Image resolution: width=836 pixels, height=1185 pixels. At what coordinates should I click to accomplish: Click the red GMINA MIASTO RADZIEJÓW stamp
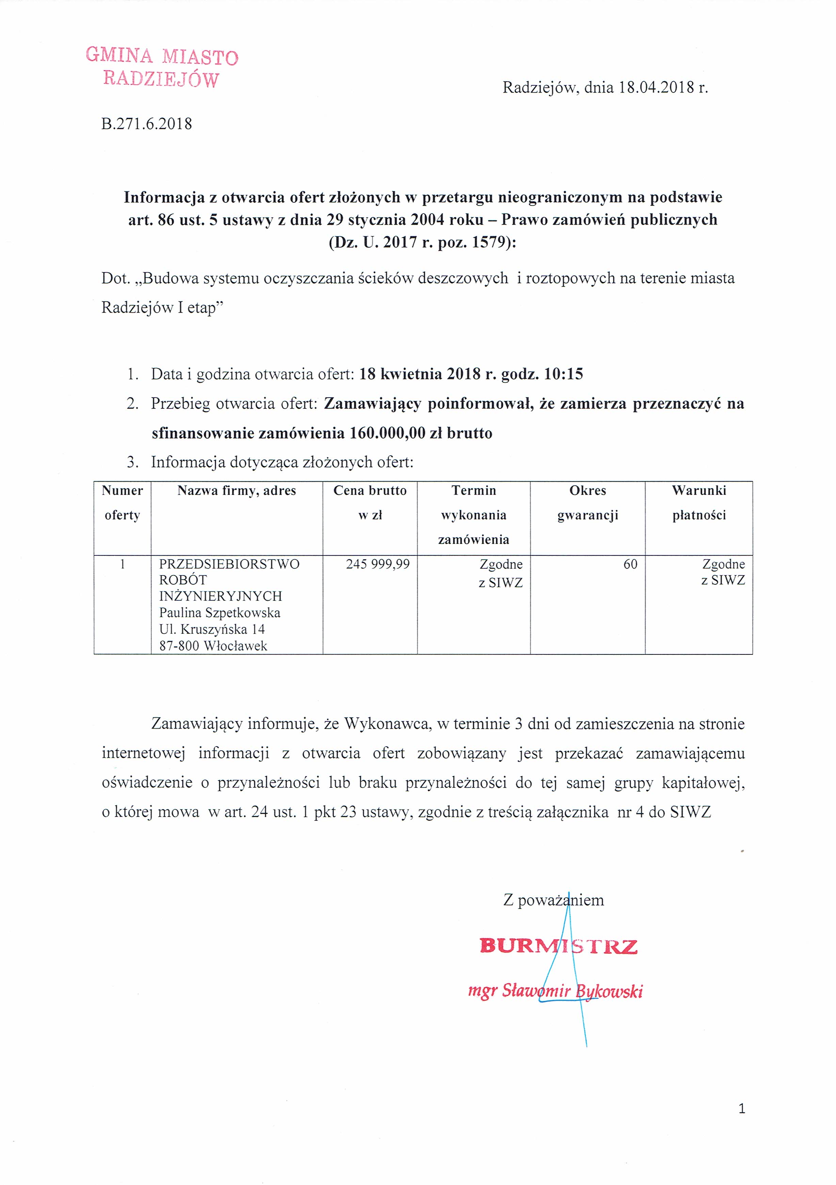(x=162, y=67)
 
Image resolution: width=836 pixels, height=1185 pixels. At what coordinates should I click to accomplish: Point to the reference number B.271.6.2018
(x=147, y=124)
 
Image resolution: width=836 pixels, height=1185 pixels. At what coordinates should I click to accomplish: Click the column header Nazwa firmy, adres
(x=237, y=490)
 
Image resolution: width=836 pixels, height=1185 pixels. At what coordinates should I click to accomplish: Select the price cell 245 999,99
(x=377, y=564)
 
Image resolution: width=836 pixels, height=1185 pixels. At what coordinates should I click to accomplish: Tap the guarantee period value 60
(x=630, y=564)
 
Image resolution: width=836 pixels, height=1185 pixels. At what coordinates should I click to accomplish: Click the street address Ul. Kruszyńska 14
(x=212, y=629)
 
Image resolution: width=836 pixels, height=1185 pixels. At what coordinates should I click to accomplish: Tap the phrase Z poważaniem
(x=553, y=900)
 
